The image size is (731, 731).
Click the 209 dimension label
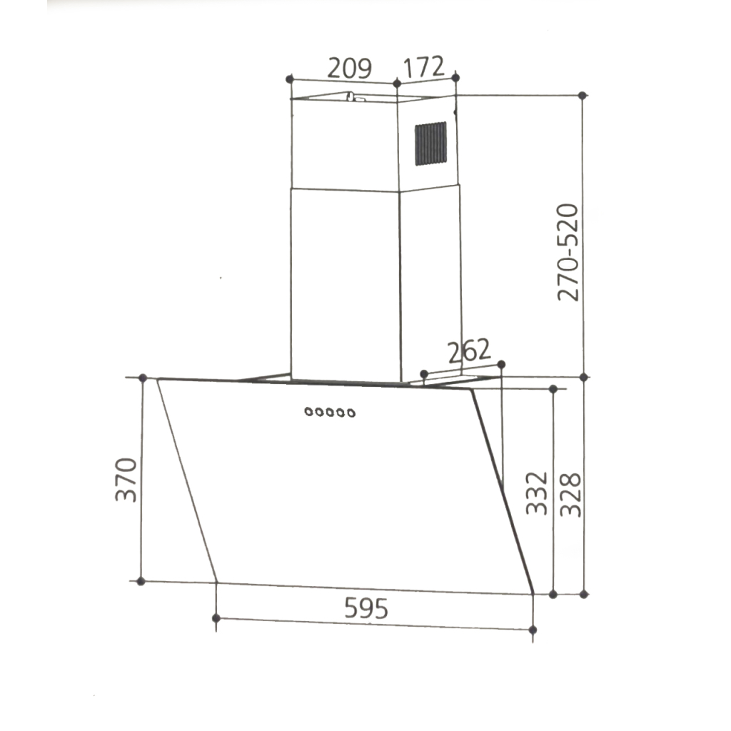tap(349, 69)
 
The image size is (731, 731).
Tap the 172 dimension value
tap(424, 68)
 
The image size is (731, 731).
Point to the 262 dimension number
tap(469, 351)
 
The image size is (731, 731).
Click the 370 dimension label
tap(126, 480)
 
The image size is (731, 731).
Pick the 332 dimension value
tap(537, 493)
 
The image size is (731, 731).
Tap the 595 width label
tap(366, 608)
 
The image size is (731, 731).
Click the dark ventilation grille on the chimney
tap(430, 143)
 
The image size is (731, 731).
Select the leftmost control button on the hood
tap(308, 411)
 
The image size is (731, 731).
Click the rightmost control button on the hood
tap(351, 411)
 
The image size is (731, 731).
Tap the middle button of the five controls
tap(330, 411)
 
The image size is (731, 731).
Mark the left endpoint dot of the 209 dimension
tap(289, 78)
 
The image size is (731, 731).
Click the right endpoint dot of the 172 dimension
tap(455, 76)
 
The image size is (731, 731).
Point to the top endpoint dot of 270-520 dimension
tap(583, 95)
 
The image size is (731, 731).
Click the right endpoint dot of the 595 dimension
tap(533, 629)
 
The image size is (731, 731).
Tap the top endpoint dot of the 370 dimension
tap(143, 378)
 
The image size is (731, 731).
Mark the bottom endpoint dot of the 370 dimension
tap(141, 581)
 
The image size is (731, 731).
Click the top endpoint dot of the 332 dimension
tap(553, 388)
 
